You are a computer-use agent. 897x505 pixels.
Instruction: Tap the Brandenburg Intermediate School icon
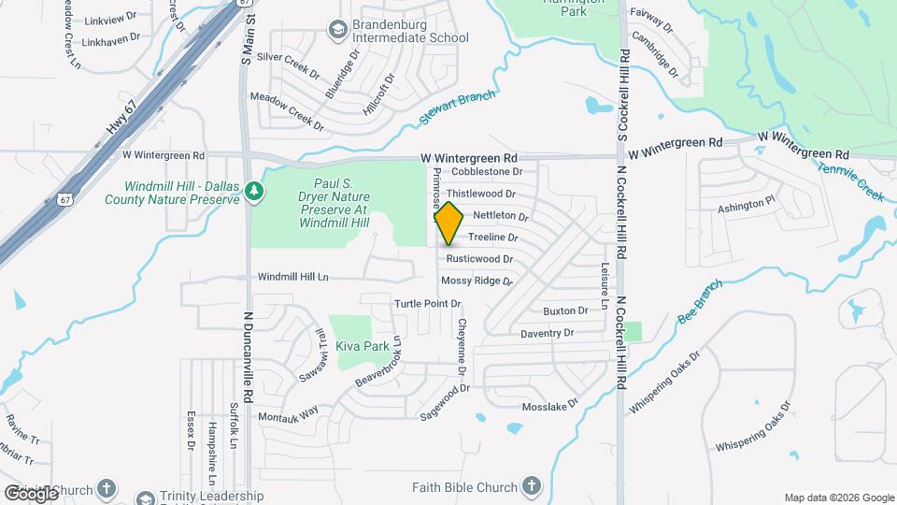click(335, 32)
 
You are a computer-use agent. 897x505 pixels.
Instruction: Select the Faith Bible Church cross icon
click(531, 486)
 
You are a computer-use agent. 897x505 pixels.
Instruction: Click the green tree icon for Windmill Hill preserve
click(254, 192)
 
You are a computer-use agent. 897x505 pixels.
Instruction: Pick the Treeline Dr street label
click(492, 238)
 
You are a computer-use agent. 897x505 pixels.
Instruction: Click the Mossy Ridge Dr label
click(477, 281)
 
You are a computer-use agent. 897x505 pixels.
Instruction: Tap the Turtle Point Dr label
click(428, 304)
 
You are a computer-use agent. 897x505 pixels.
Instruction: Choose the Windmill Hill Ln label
click(293, 277)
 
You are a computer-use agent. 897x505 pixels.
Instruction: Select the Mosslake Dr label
click(550, 408)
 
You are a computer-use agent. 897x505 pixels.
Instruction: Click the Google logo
click(31, 493)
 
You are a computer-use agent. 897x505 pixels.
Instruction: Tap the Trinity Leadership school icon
click(145, 498)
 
